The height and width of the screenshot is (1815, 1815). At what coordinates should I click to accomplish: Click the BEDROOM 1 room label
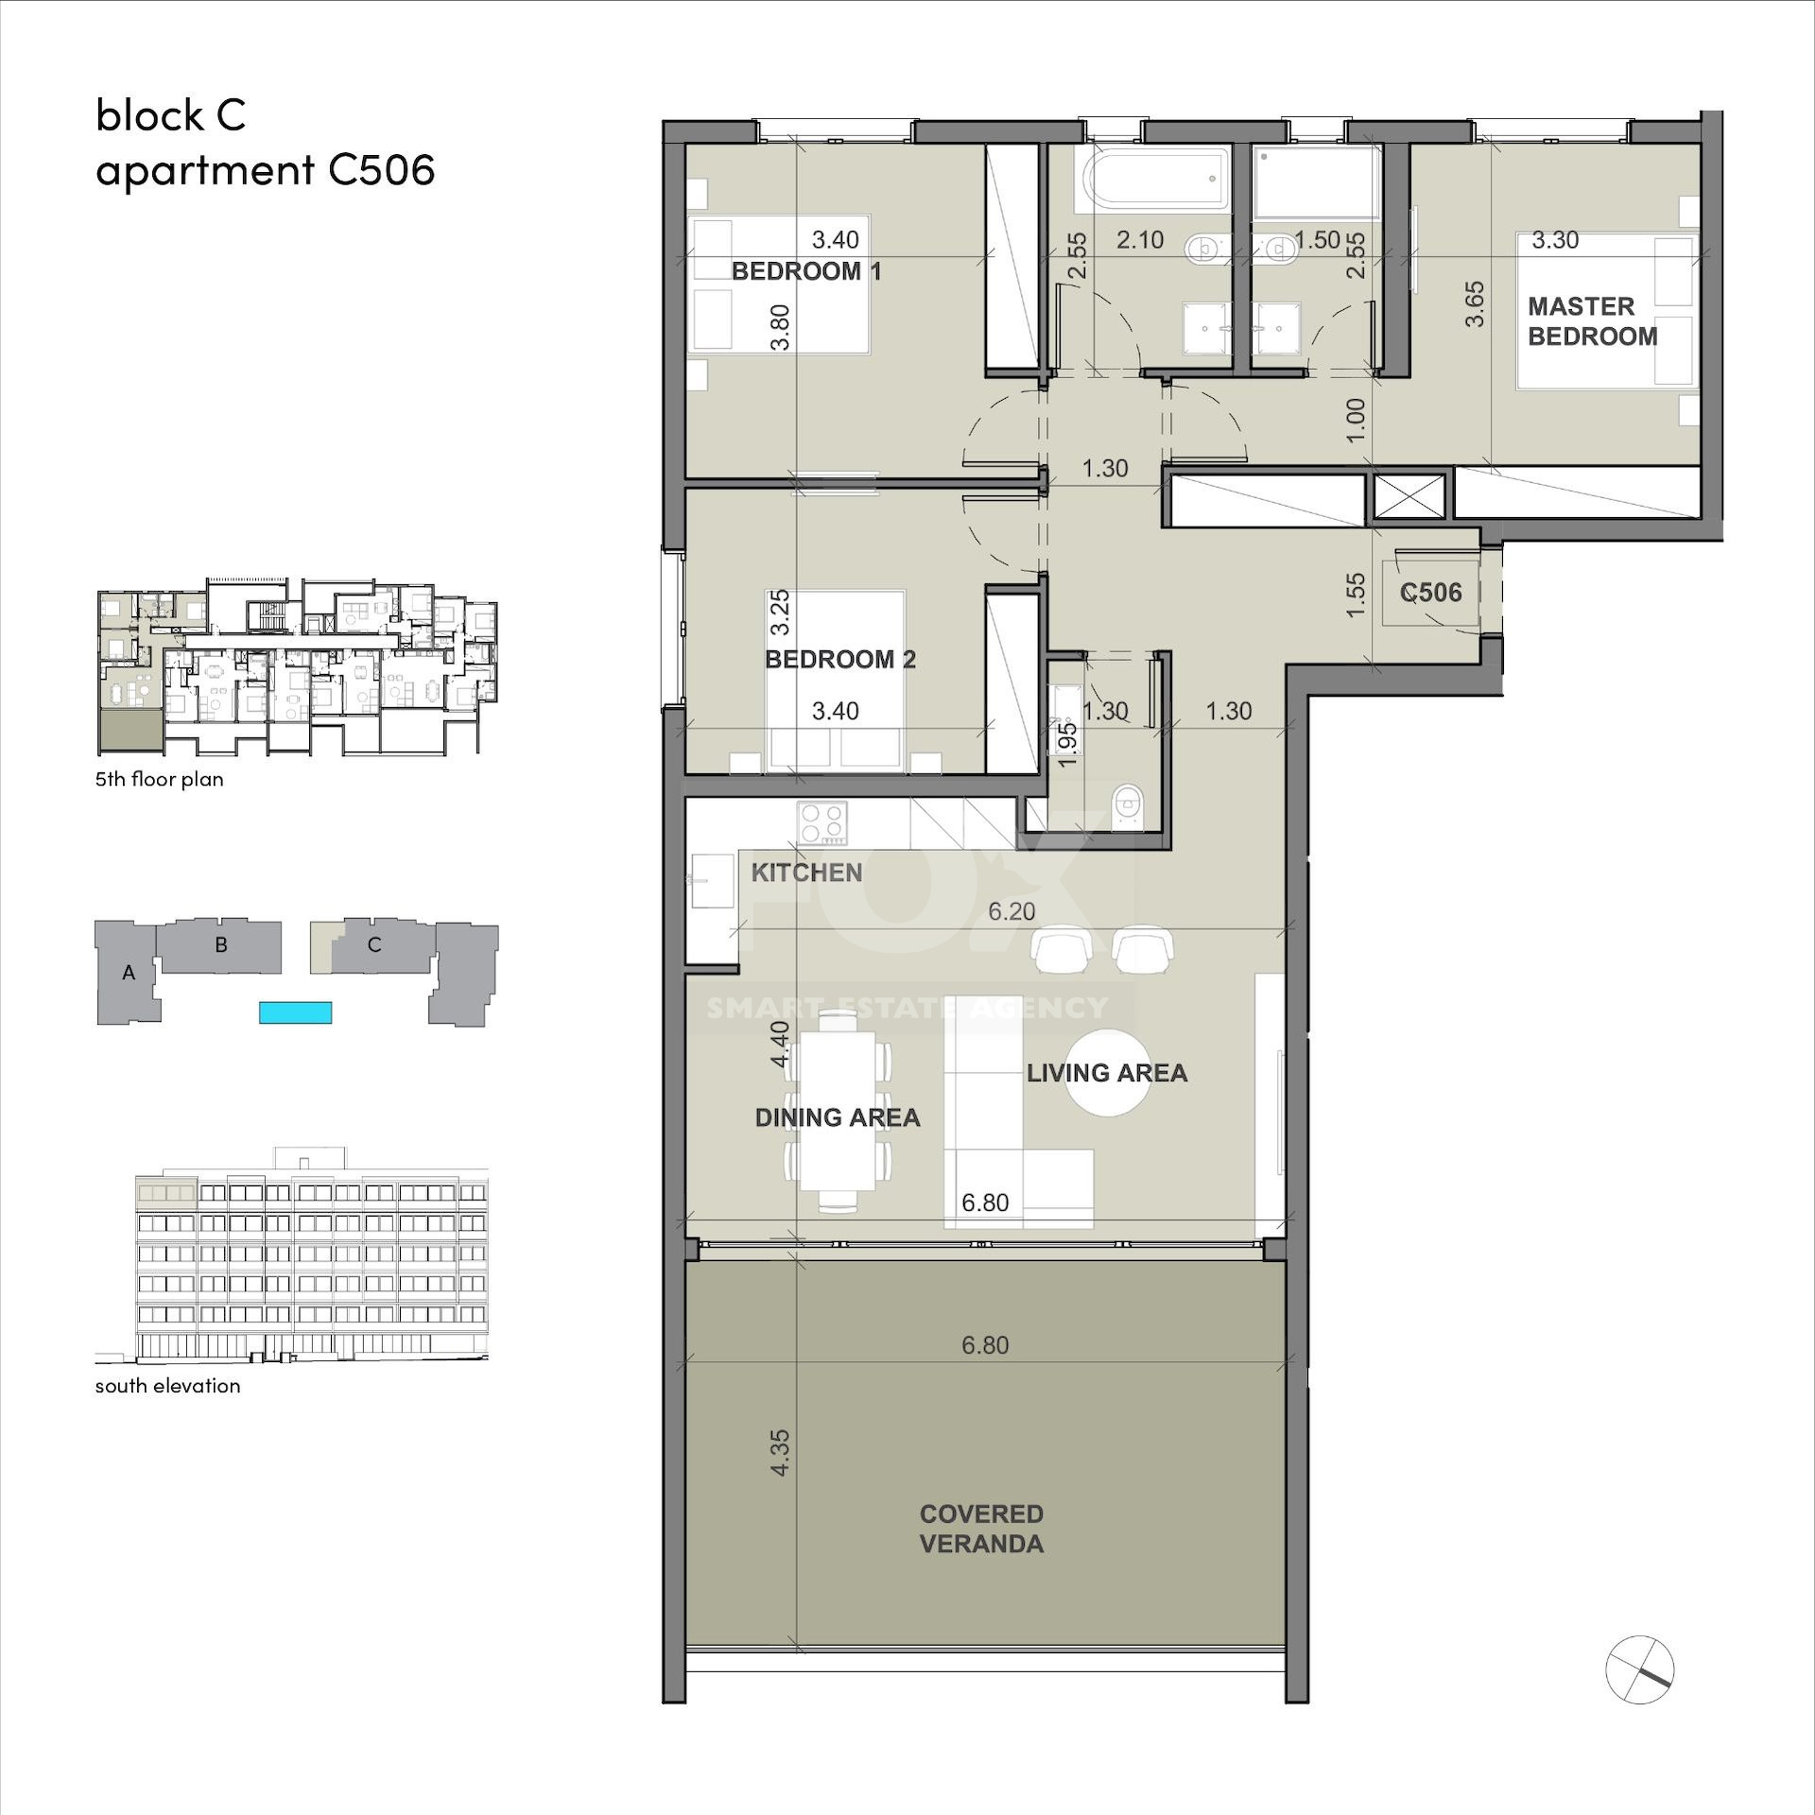806,272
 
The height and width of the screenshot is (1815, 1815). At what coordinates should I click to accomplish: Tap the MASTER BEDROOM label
1593,321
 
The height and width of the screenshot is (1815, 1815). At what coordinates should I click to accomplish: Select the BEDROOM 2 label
840,660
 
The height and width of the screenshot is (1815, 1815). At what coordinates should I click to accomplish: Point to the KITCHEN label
806,873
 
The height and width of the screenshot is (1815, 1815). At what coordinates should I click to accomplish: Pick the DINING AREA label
838,1117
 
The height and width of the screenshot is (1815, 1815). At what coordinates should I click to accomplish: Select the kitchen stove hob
822,822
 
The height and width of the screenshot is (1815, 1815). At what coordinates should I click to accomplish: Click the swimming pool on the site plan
296,1012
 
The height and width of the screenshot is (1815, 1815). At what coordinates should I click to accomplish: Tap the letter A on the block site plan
129,972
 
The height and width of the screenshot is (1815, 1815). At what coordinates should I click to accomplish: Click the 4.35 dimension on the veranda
780,1452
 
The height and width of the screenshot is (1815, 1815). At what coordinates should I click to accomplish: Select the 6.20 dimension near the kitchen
1011,911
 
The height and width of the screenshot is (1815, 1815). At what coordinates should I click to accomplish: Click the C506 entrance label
1431,593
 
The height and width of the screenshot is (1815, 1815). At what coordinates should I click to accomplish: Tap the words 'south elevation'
168,1386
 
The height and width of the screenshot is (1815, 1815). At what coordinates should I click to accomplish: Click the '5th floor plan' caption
160,779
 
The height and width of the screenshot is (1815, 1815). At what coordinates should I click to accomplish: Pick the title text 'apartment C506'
266,171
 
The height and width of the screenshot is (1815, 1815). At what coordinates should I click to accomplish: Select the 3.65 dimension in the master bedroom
1475,304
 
